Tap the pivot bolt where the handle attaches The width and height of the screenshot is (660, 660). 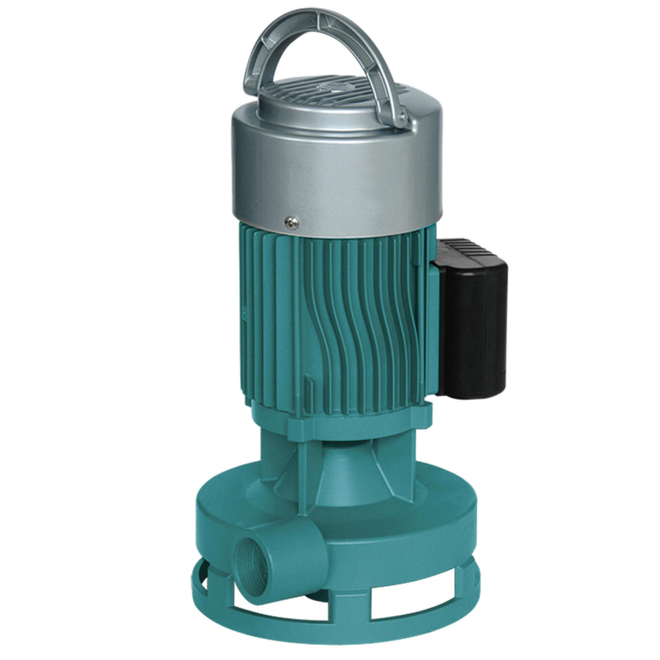pos(402,116)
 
